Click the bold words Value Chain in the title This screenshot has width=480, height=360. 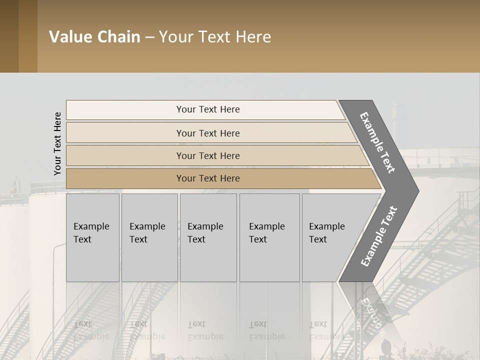pos(94,37)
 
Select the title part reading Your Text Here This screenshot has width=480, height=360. pos(215,37)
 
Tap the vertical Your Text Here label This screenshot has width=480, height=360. pos(57,143)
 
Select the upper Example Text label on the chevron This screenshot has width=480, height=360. pos(377,142)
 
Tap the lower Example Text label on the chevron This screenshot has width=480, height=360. pos(378,236)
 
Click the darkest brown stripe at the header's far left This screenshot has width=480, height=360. pos(9,36)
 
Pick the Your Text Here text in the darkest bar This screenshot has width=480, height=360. pos(208,178)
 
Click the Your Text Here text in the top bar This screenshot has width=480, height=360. pos(208,109)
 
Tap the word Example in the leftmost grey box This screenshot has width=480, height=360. pos(91,226)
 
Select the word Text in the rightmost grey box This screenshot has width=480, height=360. pos(318,239)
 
